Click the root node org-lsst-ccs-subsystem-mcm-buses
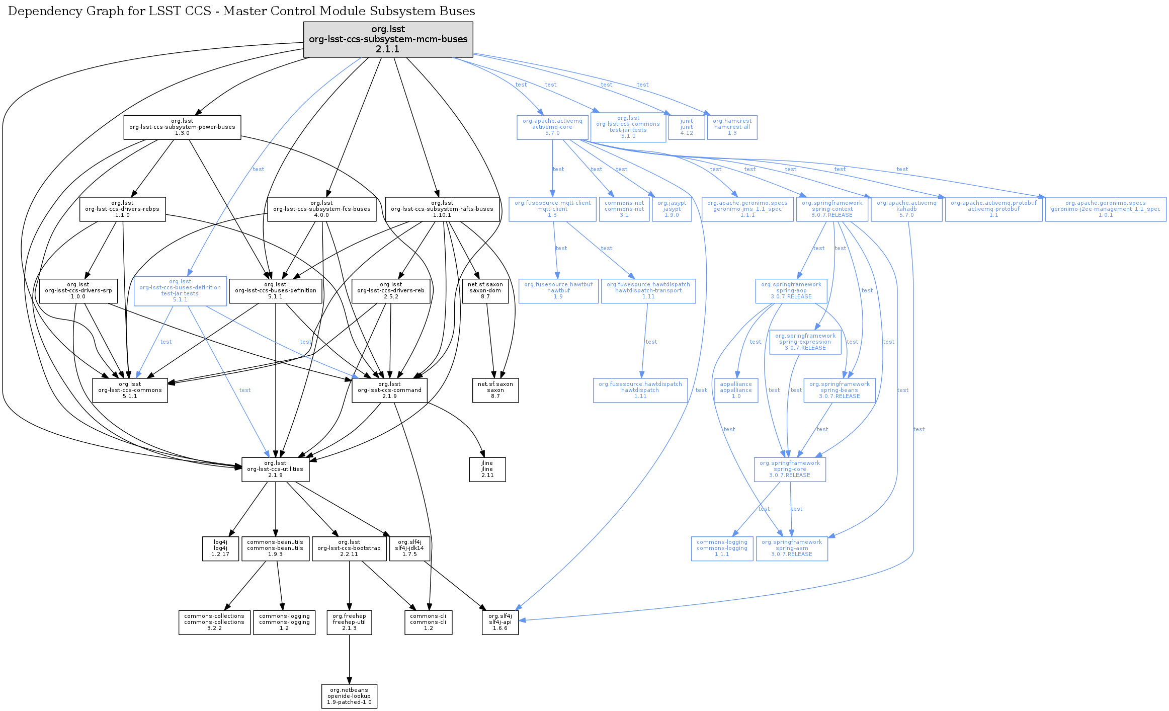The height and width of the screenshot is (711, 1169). click(x=388, y=39)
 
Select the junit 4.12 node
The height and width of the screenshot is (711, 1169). click(x=686, y=127)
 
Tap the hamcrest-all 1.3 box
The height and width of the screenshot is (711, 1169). click(x=732, y=127)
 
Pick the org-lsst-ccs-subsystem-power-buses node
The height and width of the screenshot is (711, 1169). click(x=182, y=127)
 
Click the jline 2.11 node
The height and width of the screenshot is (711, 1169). click(x=487, y=469)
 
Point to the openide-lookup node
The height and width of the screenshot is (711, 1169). click(x=349, y=696)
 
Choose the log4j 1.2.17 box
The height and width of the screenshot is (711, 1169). click(x=220, y=548)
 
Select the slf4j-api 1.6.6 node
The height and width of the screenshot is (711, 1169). click(x=500, y=622)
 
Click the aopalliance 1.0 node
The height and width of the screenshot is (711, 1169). click(x=736, y=390)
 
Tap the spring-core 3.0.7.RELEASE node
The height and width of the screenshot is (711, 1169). click(x=790, y=469)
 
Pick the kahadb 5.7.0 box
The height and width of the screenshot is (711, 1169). click(x=906, y=209)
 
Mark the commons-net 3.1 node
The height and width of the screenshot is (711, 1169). click(x=624, y=209)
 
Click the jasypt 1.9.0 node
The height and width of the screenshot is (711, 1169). click(x=672, y=209)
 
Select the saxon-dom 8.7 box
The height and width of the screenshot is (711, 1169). click(x=485, y=291)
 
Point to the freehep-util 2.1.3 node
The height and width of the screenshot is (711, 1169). click(x=349, y=622)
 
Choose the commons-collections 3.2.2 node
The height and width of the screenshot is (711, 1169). click(x=214, y=622)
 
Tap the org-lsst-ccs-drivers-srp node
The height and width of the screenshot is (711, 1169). click(x=78, y=291)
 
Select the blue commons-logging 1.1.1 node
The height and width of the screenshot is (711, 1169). click(x=722, y=548)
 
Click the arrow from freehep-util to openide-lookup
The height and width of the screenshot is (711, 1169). click(x=349, y=659)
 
